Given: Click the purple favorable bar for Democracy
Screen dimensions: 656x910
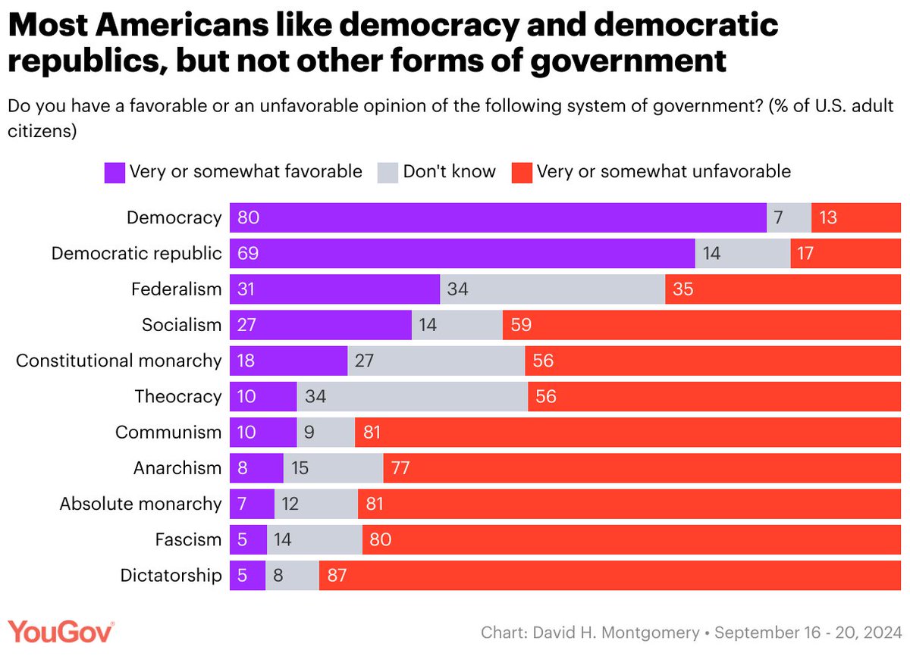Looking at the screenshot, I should pos(497,218).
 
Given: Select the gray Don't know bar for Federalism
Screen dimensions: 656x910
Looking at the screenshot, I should pos(552,289).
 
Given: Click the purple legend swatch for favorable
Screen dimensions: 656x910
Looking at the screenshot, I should pos(115,172).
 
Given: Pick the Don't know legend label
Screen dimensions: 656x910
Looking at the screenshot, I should pos(449,171).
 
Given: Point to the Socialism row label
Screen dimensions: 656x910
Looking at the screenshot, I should pos(181,325).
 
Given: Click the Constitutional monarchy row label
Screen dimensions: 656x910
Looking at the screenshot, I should pos(118,361).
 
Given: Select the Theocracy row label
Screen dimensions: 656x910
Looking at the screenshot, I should pos(177,396).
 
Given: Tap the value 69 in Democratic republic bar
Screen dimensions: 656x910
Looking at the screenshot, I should pos(248,254).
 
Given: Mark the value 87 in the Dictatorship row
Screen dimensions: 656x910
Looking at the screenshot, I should pos(337,576).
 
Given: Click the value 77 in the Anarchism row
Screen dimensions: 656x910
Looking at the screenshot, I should pos(400,468).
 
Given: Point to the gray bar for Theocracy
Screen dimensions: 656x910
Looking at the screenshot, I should pos(412,396).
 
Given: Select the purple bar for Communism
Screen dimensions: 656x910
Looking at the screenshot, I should pos(262,433).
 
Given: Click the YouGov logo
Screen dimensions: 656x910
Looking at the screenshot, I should pos(61,631).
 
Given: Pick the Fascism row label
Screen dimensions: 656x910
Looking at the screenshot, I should pos(188,540).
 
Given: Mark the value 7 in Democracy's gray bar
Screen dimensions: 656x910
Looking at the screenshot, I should pos(778,218).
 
